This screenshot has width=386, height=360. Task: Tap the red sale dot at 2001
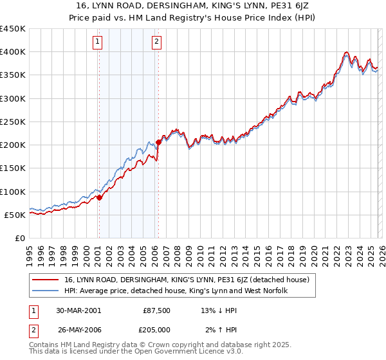pos(100,197)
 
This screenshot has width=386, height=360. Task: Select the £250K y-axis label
pos(13,122)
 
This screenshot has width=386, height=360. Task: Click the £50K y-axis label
pos(15,215)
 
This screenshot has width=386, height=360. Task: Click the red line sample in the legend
pos(46,280)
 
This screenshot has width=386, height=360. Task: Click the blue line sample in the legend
pos(46,291)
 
